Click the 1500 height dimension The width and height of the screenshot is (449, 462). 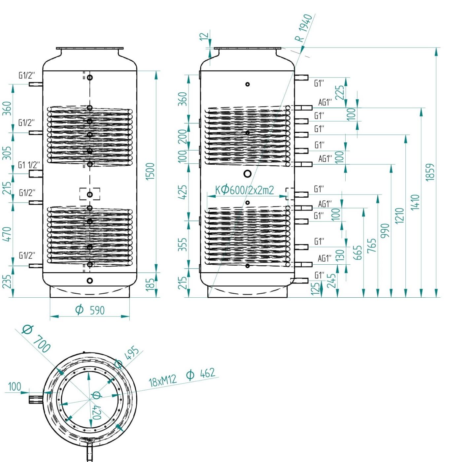tap(150, 171)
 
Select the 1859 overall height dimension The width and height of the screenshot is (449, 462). tap(430, 172)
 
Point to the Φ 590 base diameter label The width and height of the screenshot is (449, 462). tap(90, 310)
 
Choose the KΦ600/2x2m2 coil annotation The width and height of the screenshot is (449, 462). tap(244, 190)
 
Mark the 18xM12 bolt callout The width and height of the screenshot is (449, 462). tap(163, 381)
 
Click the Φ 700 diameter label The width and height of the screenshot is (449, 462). tap(36, 339)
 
